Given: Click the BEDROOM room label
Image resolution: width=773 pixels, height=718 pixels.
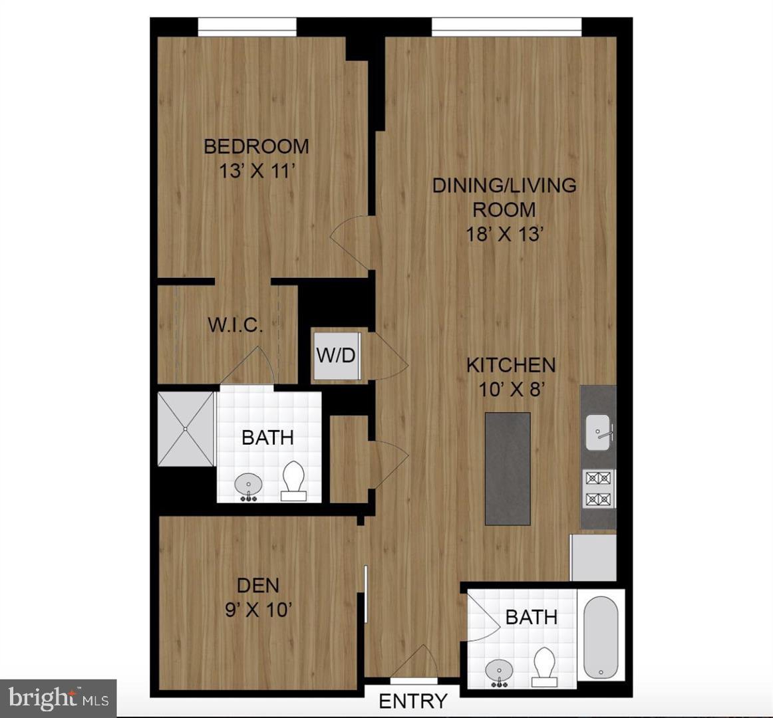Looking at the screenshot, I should [256, 146].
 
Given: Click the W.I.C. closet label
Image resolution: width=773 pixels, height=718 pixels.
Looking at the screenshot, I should [235, 325].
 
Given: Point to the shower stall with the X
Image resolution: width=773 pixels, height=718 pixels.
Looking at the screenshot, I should [186, 429].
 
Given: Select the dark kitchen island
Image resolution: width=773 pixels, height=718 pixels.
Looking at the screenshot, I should [508, 468].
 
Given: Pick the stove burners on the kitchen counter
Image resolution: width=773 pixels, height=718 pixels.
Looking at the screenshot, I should [598, 488].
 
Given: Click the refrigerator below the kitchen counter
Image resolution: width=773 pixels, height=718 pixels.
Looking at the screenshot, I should [593, 558].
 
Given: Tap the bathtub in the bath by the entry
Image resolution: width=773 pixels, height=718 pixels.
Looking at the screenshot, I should [600, 634].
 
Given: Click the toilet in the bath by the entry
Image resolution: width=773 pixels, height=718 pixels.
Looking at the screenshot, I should [544, 667].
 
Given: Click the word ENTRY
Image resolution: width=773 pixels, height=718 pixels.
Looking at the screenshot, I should [412, 701].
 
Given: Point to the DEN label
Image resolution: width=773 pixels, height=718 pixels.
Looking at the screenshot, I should [258, 585].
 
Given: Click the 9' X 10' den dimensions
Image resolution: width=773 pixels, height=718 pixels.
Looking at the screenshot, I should [259, 609].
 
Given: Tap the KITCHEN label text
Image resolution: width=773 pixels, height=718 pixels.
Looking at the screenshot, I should [510, 365].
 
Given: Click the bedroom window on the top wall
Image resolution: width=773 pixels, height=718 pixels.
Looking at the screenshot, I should [247, 28].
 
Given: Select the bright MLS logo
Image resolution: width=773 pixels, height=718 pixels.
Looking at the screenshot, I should [59, 698].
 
